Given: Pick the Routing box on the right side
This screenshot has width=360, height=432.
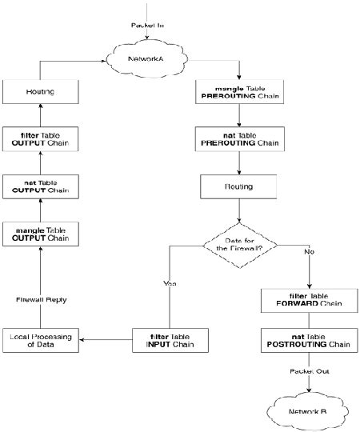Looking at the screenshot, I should (238, 186).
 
